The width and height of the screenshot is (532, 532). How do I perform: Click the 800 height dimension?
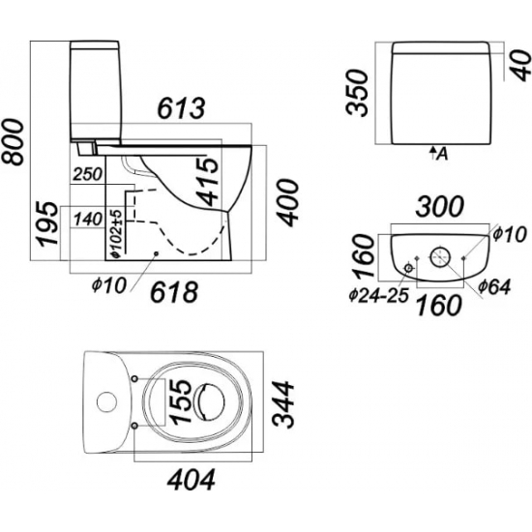point(13,142)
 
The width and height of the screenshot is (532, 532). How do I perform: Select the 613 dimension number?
point(182,108)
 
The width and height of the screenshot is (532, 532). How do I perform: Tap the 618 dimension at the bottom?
point(174,292)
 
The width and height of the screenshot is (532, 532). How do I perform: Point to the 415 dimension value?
point(207,183)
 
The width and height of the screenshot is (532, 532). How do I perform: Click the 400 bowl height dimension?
point(287,202)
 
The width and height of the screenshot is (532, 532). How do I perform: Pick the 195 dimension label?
point(47,224)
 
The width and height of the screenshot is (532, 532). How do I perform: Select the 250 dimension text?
point(87,174)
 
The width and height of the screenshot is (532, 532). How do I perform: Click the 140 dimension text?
point(87,219)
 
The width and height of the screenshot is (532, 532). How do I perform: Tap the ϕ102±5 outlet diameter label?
point(116,234)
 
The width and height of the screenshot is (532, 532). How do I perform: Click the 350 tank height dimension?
point(357,93)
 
